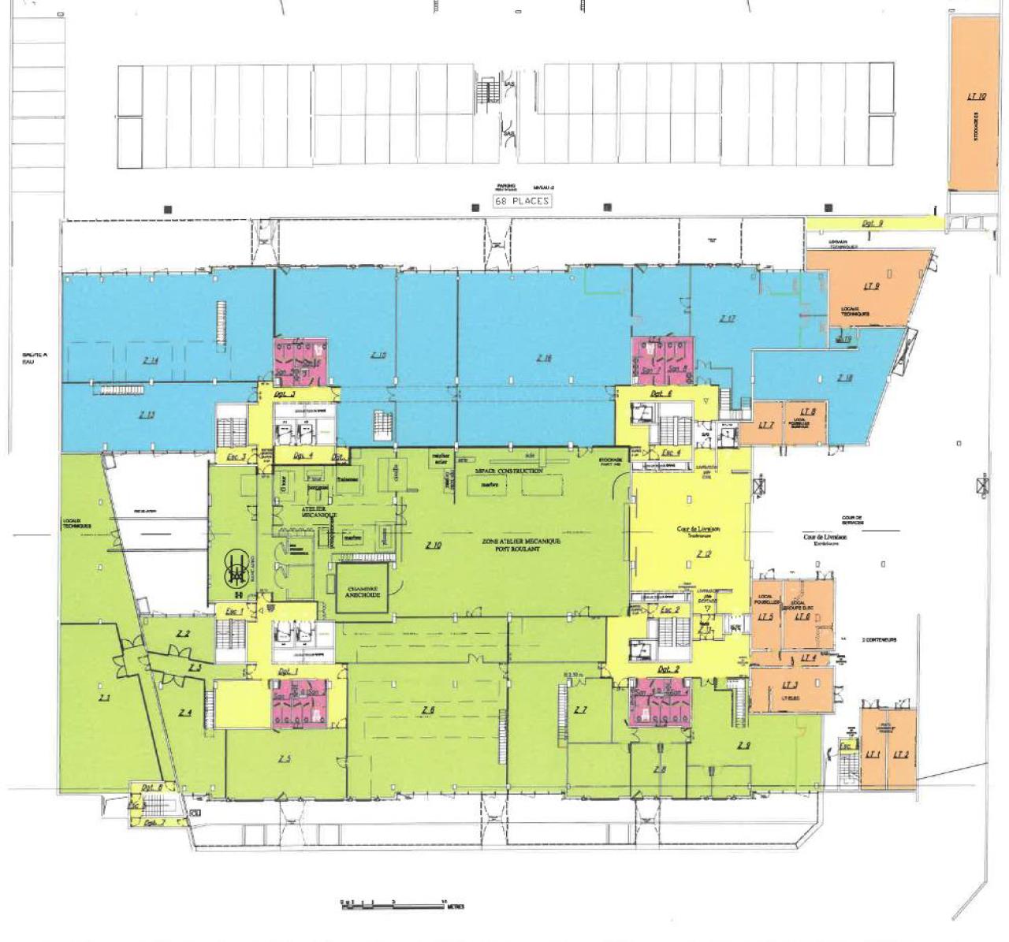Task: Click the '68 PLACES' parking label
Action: (522, 201)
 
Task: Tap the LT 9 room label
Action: (871, 286)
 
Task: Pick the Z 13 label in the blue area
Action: (146, 415)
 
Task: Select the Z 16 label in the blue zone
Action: (544, 358)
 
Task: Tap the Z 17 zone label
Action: (727, 318)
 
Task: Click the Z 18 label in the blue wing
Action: (844, 378)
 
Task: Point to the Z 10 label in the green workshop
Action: (433, 545)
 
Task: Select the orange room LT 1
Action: (873, 754)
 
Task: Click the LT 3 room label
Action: (790, 685)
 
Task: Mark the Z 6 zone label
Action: (428, 710)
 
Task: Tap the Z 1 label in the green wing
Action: (104, 698)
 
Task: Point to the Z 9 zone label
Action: (743, 745)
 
